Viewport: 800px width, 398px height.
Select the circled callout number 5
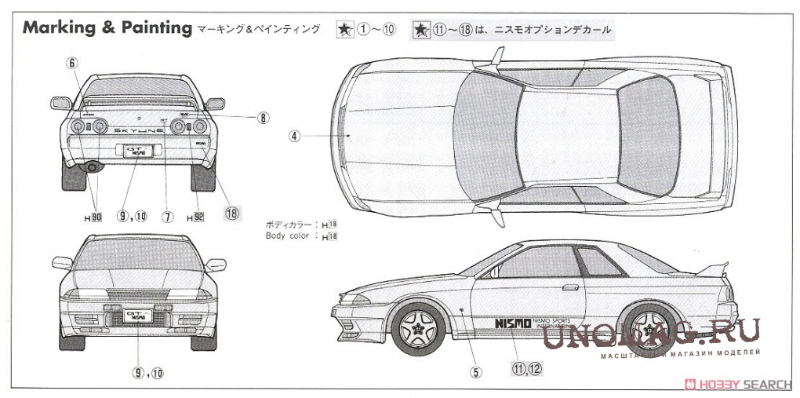[x=475, y=372]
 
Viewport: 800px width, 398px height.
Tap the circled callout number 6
[x=73, y=64]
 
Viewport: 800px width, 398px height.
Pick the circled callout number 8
[x=263, y=118]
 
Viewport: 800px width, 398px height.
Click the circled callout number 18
[x=231, y=212]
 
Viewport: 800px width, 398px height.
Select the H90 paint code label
[x=93, y=217]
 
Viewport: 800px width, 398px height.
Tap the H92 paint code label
[x=195, y=217]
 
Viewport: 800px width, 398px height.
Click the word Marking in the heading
[x=57, y=28]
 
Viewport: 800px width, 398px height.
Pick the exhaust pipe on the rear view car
[x=93, y=167]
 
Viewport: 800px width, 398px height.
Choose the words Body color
[x=287, y=236]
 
